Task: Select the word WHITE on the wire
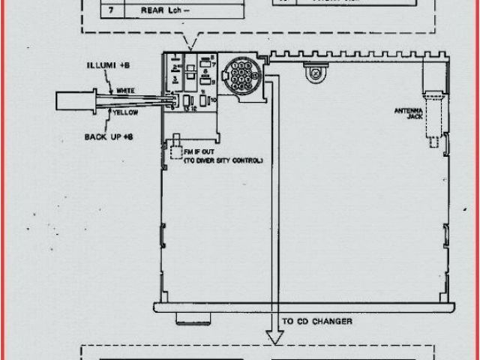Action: pyautogui.click(x=125, y=91)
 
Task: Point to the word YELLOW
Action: pyautogui.click(x=125, y=112)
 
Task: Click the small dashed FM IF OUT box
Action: pyautogui.click(x=178, y=150)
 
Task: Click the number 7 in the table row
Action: pyautogui.click(x=112, y=11)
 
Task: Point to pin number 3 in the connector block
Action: pyautogui.click(x=175, y=78)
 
